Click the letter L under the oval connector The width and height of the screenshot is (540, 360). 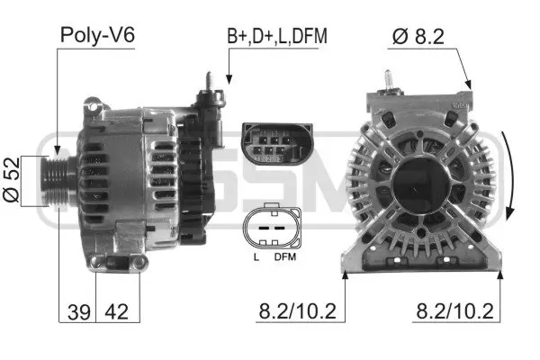256,257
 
